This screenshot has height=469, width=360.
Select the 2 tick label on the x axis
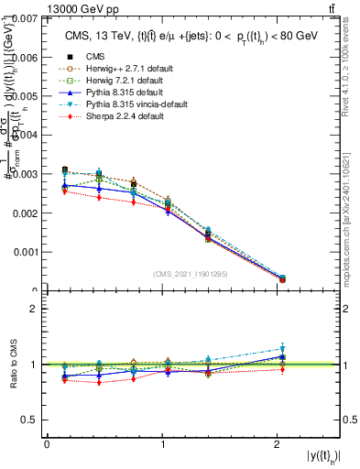[x=278, y=444]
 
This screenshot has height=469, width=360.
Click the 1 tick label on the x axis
[x=162, y=444]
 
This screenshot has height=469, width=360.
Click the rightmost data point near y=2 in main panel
[x=282, y=278]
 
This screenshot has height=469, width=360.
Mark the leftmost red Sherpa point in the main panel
[x=64, y=191]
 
